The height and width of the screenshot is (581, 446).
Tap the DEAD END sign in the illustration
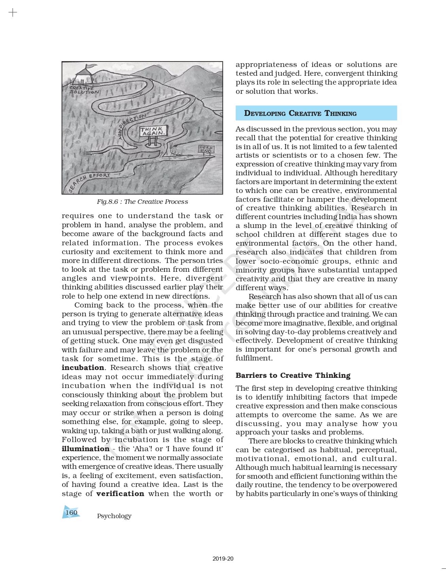[x=206, y=149]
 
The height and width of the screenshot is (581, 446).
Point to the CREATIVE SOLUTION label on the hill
[x=84, y=90]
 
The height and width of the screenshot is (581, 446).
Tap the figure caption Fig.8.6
[x=142, y=201]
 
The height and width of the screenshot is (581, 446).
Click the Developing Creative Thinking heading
[x=300, y=113]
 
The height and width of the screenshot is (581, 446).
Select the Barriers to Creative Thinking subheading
[x=293, y=375]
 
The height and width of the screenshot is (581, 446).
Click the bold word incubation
[x=83, y=368]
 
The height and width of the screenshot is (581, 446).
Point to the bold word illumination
[x=86, y=448]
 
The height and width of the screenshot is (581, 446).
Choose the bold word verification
[x=120, y=493]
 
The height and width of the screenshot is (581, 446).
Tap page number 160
[x=71, y=512]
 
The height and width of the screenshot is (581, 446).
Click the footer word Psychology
[x=114, y=516]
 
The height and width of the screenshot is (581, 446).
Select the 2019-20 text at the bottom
[x=223, y=559]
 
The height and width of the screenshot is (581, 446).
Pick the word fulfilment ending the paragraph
[x=253, y=358]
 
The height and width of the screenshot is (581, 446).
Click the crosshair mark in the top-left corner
[x=13, y=13]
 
